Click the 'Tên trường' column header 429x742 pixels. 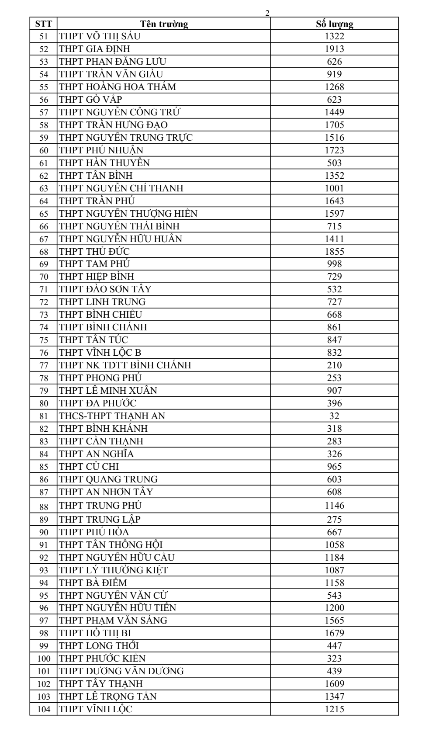click(164, 24)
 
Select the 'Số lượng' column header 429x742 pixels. click(334, 24)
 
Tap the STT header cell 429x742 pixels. click(43, 24)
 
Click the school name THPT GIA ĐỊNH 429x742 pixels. click(94, 49)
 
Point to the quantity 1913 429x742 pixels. click(334, 49)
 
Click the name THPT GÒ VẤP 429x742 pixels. click(90, 100)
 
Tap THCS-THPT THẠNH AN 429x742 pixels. click(112, 416)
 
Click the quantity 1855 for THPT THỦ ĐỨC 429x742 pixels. click(334, 252)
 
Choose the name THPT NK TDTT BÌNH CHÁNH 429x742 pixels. click(125, 365)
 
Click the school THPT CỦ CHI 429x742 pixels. click(89, 467)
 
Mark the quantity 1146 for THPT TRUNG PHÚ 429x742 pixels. click(334, 506)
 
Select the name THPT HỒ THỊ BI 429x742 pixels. click(95, 633)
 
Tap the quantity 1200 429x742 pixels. click(334, 608)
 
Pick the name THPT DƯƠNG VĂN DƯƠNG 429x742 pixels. click(121, 671)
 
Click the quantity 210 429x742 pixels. click(334, 365)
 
